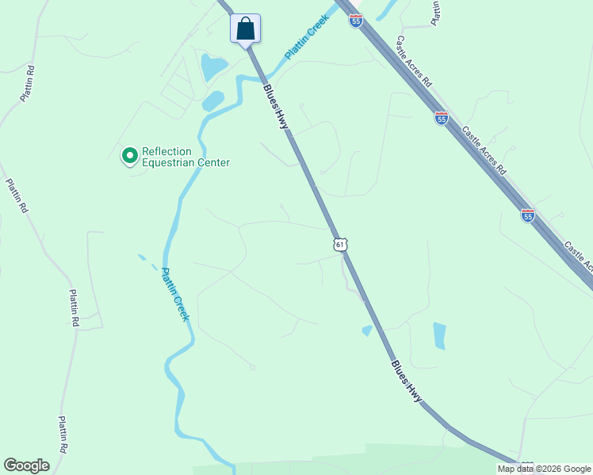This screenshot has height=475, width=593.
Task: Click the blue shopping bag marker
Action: coord(246,29)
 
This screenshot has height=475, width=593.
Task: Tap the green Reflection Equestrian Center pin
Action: coord(128,157)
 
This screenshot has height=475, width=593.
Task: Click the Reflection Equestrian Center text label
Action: coord(186,158)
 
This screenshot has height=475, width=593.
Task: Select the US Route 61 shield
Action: coord(340,245)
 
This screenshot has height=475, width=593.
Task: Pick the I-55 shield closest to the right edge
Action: coord(528,215)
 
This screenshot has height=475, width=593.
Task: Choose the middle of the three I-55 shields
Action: coord(442,118)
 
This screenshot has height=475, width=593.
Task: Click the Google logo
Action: coord(26,465)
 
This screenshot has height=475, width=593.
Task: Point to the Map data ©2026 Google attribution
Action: coord(544,469)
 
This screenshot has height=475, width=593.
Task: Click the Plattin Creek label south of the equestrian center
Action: coord(176,294)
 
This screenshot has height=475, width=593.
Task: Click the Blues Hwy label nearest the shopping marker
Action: coord(277,107)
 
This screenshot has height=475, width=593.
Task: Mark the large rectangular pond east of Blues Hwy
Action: coord(439,336)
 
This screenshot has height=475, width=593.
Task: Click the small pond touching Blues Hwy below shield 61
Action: coord(367,330)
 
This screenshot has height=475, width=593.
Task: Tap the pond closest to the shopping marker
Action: coord(213,68)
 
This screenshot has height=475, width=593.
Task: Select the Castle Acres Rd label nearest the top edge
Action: coord(414,61)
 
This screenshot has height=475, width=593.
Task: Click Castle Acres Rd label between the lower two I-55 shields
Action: coord(483,150)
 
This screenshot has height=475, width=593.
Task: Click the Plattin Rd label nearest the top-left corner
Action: coord(29,83)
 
